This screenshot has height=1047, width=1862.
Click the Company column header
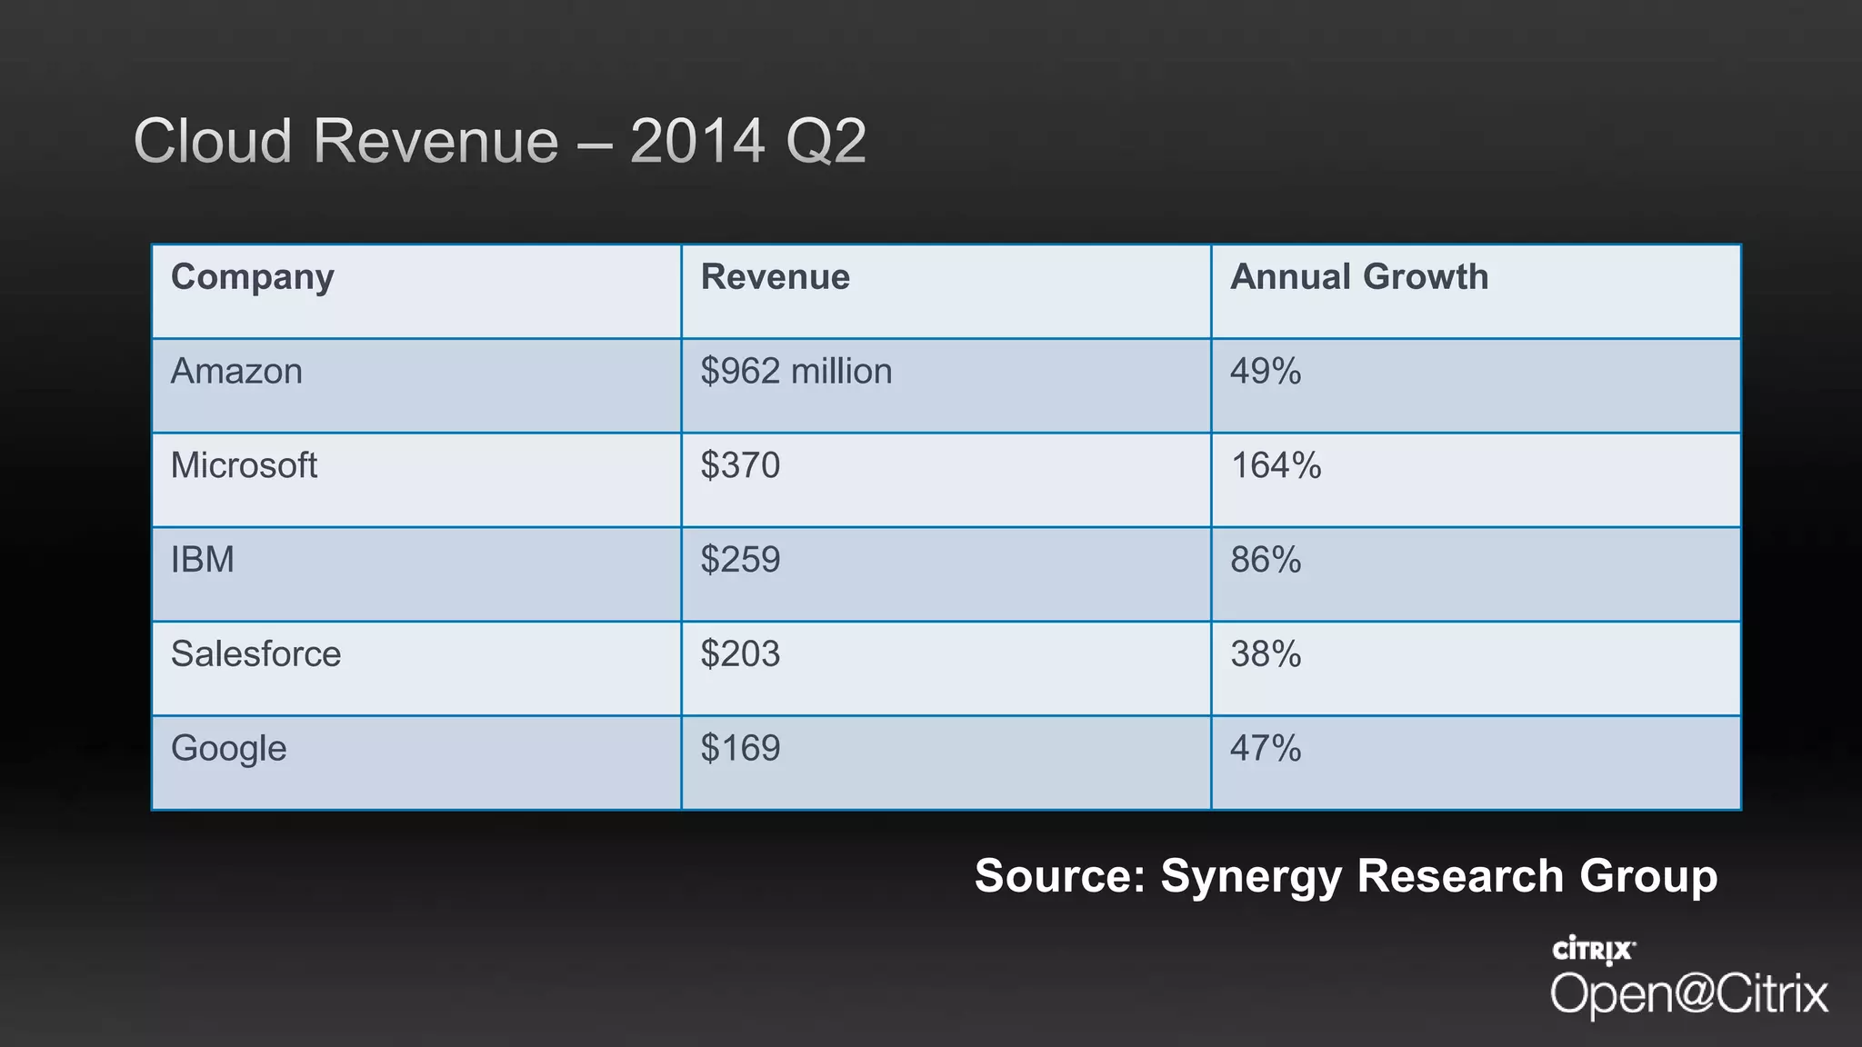tap(253, 277)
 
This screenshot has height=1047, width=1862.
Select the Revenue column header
tap(775, 277)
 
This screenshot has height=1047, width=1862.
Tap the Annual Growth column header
tap(1358, 277)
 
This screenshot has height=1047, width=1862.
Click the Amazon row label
tap(236, 372)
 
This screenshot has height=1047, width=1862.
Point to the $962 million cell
tap(796, 372)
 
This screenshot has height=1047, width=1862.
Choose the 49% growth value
tap(1265, 372)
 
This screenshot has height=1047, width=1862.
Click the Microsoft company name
tap(244, 466)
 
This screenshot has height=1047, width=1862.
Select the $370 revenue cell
tap(740, 466)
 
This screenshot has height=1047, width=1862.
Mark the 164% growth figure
tap(1275, 466)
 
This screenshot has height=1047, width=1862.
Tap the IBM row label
tap(202, 560)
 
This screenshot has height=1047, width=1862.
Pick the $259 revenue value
tap(740, 560)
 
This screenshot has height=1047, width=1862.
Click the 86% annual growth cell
tap(1265, 560)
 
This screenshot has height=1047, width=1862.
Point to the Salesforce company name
tap(255, 654)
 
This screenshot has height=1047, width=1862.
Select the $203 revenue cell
tap(740, 654)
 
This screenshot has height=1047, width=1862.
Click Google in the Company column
tap(228, 749)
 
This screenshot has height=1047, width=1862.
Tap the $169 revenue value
tap(740, 749)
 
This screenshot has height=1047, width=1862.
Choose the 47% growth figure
tap(1265, 749)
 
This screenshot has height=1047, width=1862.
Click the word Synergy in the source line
tap(1250, 877)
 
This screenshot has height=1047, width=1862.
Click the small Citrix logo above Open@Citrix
tap(1593, 950)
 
